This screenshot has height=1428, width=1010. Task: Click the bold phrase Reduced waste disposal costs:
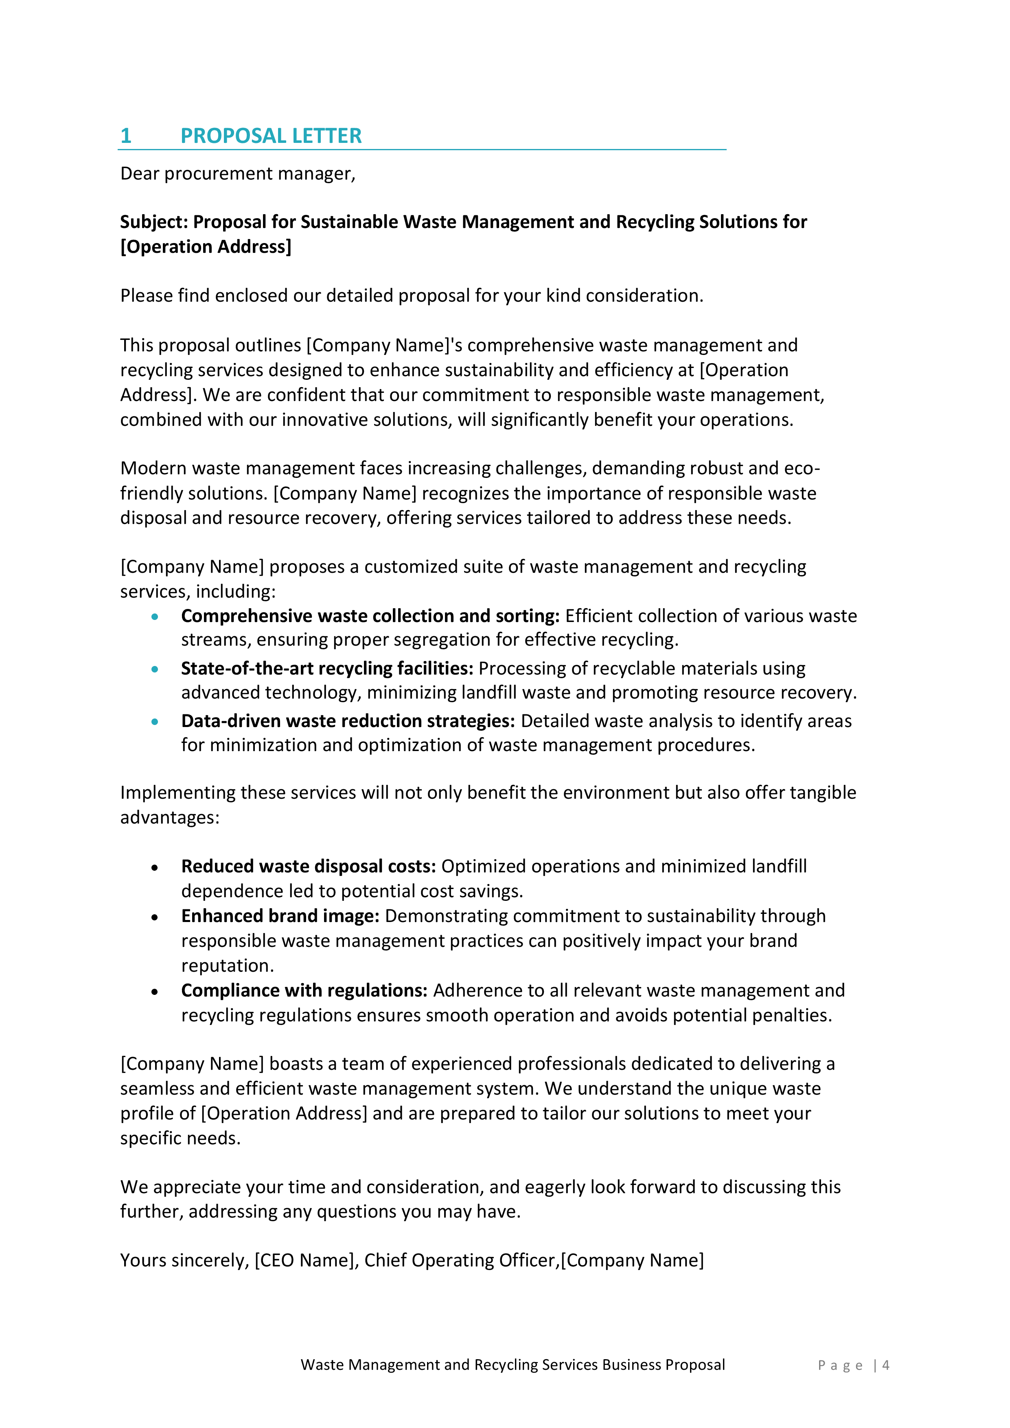click(x=309, y=866)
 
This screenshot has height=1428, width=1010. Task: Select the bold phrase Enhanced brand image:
click(x=280, y=916)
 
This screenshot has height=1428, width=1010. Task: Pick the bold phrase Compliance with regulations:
click(x=304, y=991)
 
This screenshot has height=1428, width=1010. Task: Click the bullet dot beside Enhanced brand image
click(x=155, y=918)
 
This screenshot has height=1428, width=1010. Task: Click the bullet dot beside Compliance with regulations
click(x=155, y=992)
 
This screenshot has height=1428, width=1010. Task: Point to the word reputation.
click(x=228, y=966)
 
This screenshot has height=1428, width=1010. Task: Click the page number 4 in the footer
click(x=885, y=1365)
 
